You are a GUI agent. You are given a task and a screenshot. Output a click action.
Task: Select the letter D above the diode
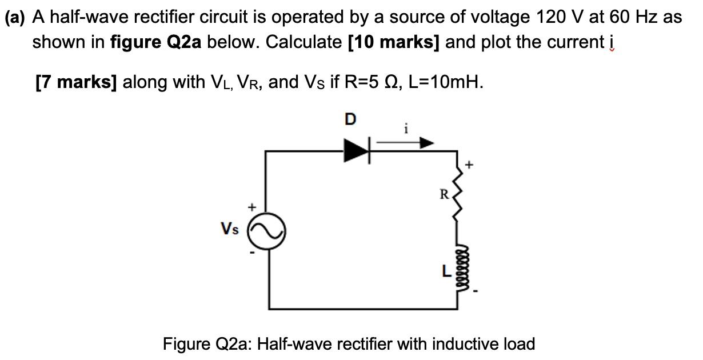(x=350, y=119)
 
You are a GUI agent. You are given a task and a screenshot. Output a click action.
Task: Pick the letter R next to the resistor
(x=444, y=194)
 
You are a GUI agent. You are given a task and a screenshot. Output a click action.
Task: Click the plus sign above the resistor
(x=471, y=165)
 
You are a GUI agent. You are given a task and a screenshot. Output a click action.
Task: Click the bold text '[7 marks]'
(x=76, y=82)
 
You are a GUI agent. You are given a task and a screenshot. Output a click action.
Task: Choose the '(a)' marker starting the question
(x=16, y=17)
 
